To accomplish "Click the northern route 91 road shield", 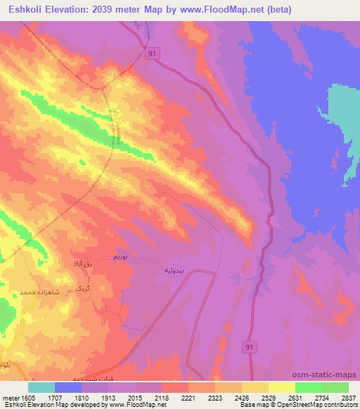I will (152, 53).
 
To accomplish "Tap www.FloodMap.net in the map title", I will (220, 10).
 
